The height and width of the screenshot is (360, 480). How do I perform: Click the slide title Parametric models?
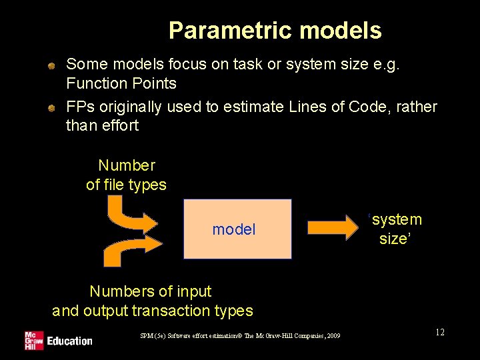point(275,31)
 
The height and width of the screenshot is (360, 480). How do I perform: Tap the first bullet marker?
point(51,65)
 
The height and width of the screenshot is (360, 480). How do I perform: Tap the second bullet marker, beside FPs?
point(51,108)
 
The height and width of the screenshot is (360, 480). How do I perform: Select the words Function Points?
point(121,83)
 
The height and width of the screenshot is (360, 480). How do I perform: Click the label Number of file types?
point(126,175)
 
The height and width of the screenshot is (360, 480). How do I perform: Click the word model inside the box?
point(234,230)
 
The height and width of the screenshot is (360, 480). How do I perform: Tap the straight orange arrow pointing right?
point(332,229)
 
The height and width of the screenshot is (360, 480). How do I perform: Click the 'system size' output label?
point(396,229)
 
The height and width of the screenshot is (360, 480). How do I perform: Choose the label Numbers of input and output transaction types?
point(152,301)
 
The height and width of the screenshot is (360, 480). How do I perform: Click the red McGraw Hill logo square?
point(33,340)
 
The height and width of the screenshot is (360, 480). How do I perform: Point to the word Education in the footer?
point(69,341)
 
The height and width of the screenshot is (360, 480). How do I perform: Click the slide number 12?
point(439,333)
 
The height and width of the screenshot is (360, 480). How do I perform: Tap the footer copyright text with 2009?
point(240,336)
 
